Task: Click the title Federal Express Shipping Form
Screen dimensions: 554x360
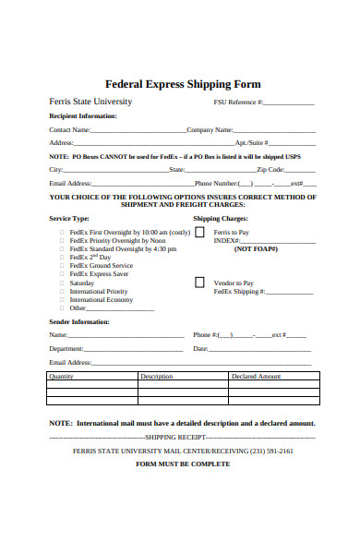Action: pos(183,83)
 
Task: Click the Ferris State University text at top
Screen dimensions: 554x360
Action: pos(90,102)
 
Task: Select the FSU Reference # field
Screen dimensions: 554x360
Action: pos(290,103)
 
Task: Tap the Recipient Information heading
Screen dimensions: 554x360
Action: pos(82,116)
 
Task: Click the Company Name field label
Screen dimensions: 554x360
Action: pos(210,130)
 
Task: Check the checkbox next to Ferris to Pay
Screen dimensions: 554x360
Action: pos(199,233)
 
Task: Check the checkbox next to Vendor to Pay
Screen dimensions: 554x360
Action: pos(199,283)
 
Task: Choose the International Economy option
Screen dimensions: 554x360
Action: pos(102,299)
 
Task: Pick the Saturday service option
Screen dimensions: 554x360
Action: pos(82,283)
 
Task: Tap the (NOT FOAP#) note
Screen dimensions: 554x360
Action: pos(256,249)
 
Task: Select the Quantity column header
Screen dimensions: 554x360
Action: pos(61,376)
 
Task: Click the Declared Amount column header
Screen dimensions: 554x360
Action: pos(256,376)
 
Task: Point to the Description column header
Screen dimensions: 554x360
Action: pos(157,376)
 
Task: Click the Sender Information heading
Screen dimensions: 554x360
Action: pos(78,321)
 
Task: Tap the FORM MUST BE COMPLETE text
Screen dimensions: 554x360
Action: pos(183,464)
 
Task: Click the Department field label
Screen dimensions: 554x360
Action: pos(66,348)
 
